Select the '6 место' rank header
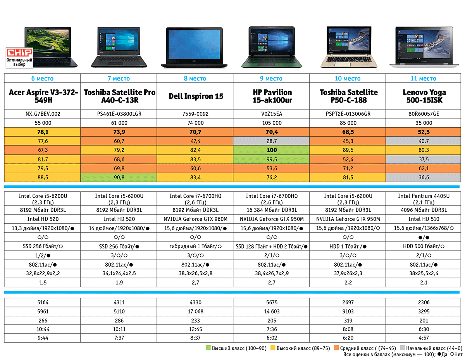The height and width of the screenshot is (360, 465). pyautogui.click(x=42, y=79)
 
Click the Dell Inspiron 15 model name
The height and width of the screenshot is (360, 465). pyautogui.click(x=196, y=96)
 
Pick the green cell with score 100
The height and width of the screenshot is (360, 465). pyautogui.click(x=272, y=150)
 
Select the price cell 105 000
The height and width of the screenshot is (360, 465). pyautogui.click(x=272, y=123)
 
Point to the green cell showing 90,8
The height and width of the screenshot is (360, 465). pyautogui.click(x=119, y=178)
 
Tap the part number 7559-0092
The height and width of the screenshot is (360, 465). pyautogui.click(x=196, y=114)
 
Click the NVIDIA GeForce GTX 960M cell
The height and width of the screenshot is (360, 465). pyautogui.click(x=196, y=219)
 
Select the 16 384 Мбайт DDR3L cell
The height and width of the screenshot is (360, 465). pyautogui.click(x=272, y=210)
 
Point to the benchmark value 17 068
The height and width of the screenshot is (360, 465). pyautogui.click(x=196, y=311)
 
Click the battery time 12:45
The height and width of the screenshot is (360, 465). pyautogui.click(x=196, y=329)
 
